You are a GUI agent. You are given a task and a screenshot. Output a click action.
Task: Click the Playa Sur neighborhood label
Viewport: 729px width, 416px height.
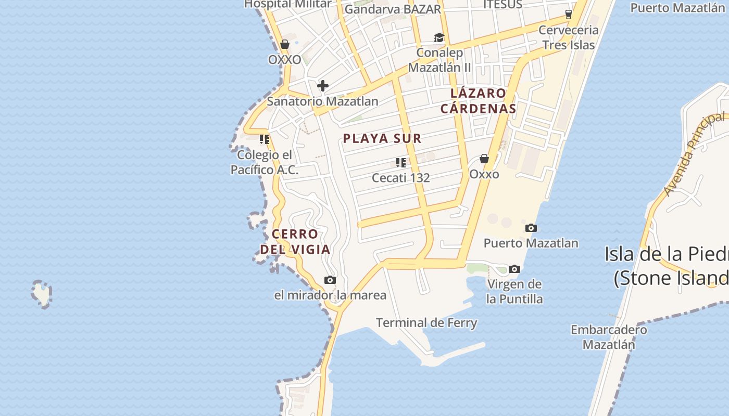[x=382, y=138]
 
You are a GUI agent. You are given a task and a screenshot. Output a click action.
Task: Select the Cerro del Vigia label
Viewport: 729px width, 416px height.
[x=295, y=242]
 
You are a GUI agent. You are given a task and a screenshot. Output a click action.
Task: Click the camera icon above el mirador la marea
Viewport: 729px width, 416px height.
[x=330, y=280]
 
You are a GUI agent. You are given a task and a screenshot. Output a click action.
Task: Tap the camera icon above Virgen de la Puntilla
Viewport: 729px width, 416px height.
[x=514, y=269]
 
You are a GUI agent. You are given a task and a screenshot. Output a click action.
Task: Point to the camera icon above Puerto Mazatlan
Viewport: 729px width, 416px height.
[x=531, y=228]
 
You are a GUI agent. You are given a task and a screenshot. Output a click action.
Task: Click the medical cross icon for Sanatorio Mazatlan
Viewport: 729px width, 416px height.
[x=323, y=86]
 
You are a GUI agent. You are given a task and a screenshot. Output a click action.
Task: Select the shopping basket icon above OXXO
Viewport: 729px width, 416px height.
[x=285, y=44]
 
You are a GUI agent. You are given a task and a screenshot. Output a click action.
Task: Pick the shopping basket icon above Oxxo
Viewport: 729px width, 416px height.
[x=484, y=159]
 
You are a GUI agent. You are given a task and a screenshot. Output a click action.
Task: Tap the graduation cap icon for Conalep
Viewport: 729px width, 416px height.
[x=439, y=37]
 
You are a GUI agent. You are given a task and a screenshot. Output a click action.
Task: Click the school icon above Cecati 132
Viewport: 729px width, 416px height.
[x=400, y=163]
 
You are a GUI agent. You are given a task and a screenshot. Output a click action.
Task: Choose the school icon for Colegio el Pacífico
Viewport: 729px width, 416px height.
[x=265, y=139]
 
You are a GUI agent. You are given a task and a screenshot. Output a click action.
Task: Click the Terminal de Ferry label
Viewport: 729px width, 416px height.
[x=426, y=322]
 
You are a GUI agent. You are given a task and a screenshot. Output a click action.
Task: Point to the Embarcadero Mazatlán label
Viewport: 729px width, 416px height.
[x=609, y=337]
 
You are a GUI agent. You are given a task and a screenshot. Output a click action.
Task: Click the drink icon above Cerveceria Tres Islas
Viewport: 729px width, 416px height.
[x=568, y=14]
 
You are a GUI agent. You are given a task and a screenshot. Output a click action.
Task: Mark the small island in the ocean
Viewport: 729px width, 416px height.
[x=42, y=293]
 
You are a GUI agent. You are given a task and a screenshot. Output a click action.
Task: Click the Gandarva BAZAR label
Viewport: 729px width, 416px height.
[x=393, y=9]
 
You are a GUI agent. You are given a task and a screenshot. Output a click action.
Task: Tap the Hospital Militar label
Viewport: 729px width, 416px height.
[x=288, y=4]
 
